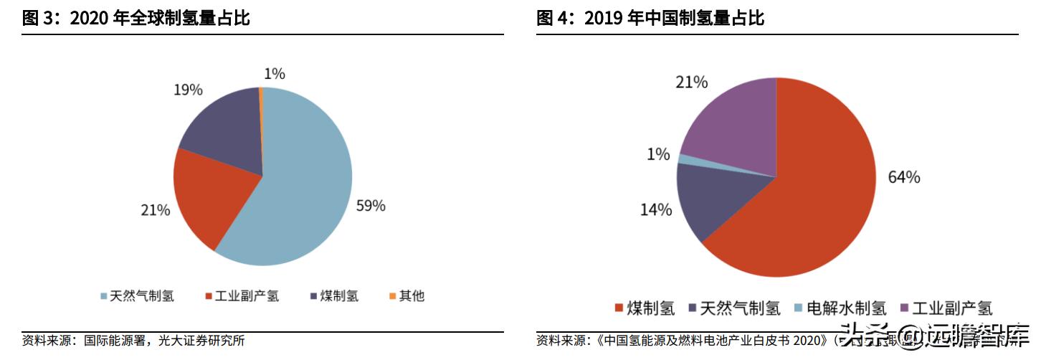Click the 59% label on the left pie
click(371, 206)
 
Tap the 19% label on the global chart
click(189, 90)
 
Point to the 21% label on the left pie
click(155, 210)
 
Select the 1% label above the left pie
click(274, 73)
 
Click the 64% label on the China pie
click(903, 177)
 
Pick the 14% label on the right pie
click(656, 210)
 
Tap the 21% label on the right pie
click(692, 82)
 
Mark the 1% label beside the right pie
click(657, 154)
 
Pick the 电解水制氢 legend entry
click(840, 308)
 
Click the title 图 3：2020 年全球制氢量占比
click(136, 19)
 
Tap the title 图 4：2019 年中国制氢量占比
click(650, 19)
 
